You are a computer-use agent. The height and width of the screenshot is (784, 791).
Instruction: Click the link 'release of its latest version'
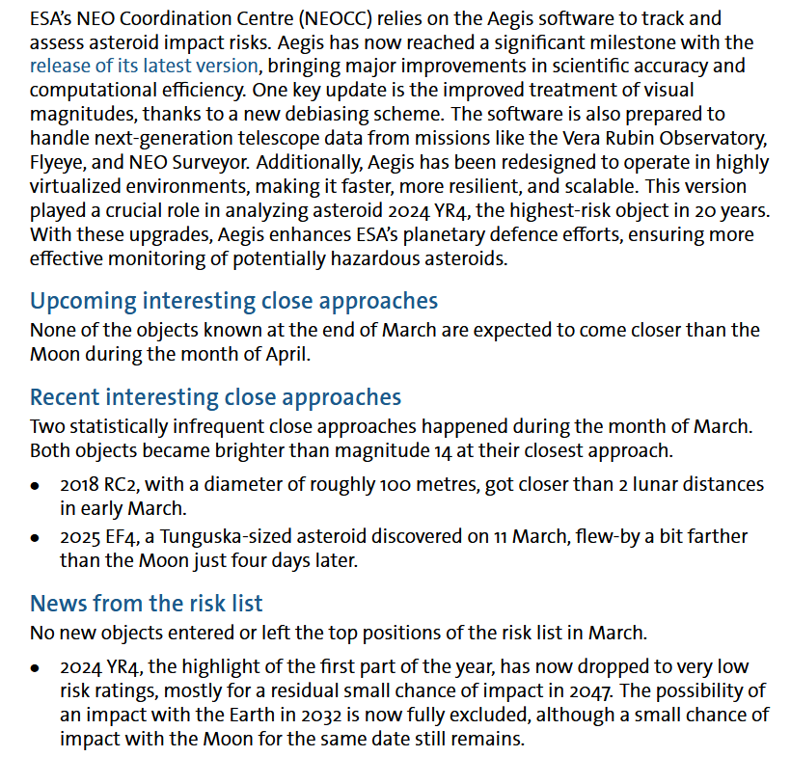[144, 67]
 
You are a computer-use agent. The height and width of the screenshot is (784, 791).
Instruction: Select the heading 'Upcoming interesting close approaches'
[233, 301]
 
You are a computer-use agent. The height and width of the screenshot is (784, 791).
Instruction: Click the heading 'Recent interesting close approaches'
[215, 397]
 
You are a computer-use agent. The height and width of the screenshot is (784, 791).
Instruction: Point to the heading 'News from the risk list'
[147, 604]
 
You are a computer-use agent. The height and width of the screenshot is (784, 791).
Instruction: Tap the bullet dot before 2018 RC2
[36, 485]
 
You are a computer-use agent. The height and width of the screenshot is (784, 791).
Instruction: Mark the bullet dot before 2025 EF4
[36, 537]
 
